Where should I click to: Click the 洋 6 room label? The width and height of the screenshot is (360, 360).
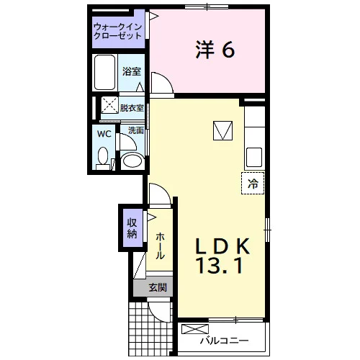(215, 50)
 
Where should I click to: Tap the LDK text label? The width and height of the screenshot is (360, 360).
(223, 246)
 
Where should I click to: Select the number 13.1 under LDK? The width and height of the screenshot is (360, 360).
(220, 266)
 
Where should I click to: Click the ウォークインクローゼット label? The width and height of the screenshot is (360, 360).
(117, 32)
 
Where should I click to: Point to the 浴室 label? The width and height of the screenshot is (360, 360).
(132, 71)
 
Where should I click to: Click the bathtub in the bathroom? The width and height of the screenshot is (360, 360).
(104, 72)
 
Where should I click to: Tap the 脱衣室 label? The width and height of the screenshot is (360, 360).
(132, 108)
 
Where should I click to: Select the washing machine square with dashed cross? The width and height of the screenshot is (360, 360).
(109, 105)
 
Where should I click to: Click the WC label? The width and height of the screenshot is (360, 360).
(104, 134)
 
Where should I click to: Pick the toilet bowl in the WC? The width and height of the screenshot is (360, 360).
(103, 158)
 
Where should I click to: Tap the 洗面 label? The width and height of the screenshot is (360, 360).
(136, 130)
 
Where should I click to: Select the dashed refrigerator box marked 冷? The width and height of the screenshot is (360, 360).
(253, 183)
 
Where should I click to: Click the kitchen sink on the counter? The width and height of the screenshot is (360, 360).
(254, 157)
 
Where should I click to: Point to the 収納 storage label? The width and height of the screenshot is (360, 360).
(132, 228)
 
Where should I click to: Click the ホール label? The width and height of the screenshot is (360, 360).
(160, 246)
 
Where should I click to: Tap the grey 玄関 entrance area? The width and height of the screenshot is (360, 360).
(153, 287)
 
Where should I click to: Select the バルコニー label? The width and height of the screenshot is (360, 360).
(225, 341)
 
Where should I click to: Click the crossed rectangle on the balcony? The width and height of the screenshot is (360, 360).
(195, 329)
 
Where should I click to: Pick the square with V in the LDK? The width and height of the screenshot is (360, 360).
(222, 130)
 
